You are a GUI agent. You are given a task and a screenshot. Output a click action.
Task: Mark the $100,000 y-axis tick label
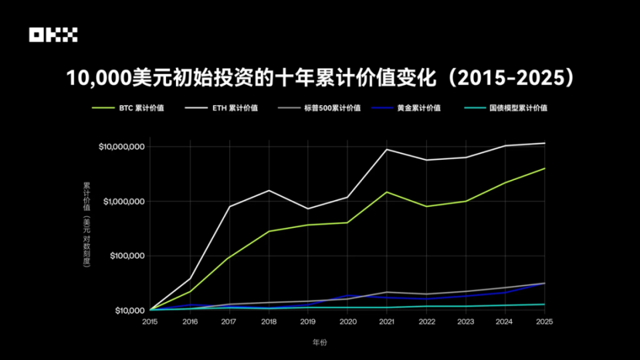pyautogui.click(x=125, y=256)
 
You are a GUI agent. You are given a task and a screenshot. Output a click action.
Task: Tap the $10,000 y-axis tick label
pyautogui.click(x=127, y=311)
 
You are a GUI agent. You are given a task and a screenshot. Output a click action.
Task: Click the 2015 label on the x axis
pyautogui.click(x=150, y=321)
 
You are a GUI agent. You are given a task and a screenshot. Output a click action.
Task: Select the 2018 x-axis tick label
pyautogui.click(x=269, y=321)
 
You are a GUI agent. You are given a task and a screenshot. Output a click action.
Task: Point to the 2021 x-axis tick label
pyautogui.click(x=387, y=321)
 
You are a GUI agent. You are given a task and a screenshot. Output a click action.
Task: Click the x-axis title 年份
pyautogui.click(x=319, y=343)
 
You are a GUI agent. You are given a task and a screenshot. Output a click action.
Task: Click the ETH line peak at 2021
pyautogui.click(x=387, y=149)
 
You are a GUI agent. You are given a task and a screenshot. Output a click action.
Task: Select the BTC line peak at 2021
pyautogui.click(x=387, y=192)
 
